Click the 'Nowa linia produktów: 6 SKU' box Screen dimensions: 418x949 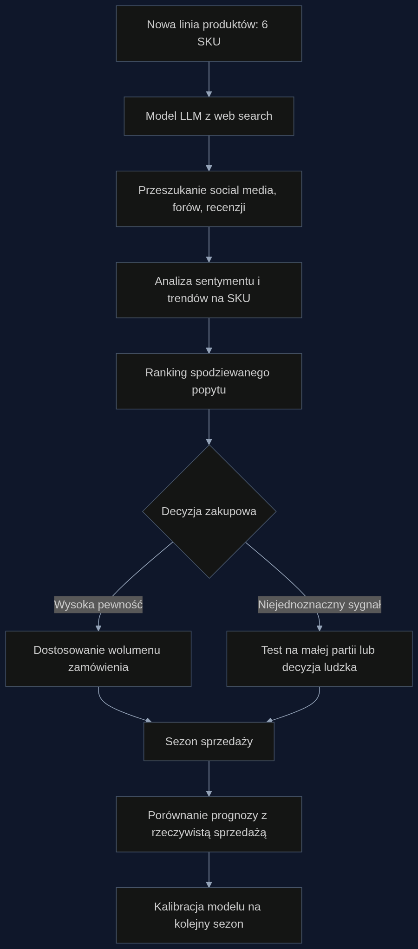(x=209, y=33)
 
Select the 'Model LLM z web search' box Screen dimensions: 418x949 (x=209, y=116)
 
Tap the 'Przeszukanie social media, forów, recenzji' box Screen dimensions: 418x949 (x=209, y=199)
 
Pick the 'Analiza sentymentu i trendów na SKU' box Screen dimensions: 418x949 (x=209, y=290)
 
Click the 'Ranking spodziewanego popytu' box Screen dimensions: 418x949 (x=209, y=381)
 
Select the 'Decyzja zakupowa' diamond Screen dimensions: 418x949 (x=209, y=511)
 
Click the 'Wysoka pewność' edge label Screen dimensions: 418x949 (x=98, y=605)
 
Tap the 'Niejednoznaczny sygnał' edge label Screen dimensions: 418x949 (x=320, y=605)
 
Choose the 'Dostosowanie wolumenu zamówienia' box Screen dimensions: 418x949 (x=98, y=658)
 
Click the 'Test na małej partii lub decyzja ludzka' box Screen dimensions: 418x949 (x=320, y=658)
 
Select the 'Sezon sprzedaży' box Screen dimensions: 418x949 (x=209, y=742)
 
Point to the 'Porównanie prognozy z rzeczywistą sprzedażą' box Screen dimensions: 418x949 (x=209, y=824)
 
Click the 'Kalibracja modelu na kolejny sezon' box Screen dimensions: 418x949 (x=209, y=916)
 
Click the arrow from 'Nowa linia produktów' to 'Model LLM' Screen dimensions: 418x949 (x=209, y=79)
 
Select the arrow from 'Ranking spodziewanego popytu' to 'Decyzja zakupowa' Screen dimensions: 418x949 (x=209, y=427)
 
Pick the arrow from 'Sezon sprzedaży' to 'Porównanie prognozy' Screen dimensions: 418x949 (x=209, y=779)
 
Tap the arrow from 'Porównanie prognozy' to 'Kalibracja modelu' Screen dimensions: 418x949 (x=209, y=870)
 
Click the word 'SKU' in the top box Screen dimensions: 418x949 (x=209, y=42)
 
